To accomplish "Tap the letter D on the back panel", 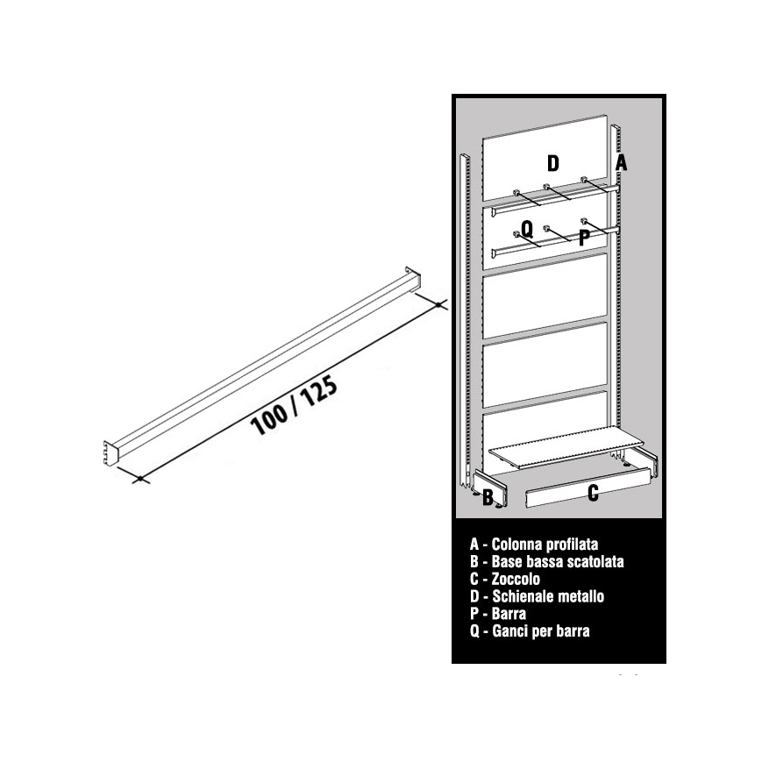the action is pyautogui.click(x=553, y=163).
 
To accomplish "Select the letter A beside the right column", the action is pyautogui.click(x=621, y=163).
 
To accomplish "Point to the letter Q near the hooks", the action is pyautogui.click(x=527, y=228).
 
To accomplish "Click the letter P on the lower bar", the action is pyautogui.click(x=585, y=239).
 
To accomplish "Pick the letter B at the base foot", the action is pyautogui.click(x=488, y=498).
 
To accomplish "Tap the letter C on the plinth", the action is pyautogui.click(x=593, y=494).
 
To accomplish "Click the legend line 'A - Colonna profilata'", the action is pyautogui.click(x=534, y=545).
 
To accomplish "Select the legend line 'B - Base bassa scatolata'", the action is pyautogui.click(x=546, y=562).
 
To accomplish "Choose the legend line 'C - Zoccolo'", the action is pyautogui.click(x=505, y=580).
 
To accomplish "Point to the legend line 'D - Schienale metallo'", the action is pyautogui.click(x=537, y=596).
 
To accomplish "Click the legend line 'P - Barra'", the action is pyautogui.click(x=498, y=614).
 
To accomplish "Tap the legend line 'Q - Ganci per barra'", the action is pyautogui.click(x=530, y=631).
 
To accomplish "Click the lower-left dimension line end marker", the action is pyautogui.click(x=140, y=479).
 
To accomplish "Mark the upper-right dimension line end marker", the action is pyautogui.click(x=438, y=304).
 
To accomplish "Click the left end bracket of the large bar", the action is pyautogui.click(x=111, y=453).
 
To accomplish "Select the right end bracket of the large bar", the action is pyautogui.click(x=413, y=280).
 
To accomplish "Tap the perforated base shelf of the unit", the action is pyautogui.click(x=566, y=447).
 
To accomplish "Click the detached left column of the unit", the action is pyautogui.click(x=465, y=321).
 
